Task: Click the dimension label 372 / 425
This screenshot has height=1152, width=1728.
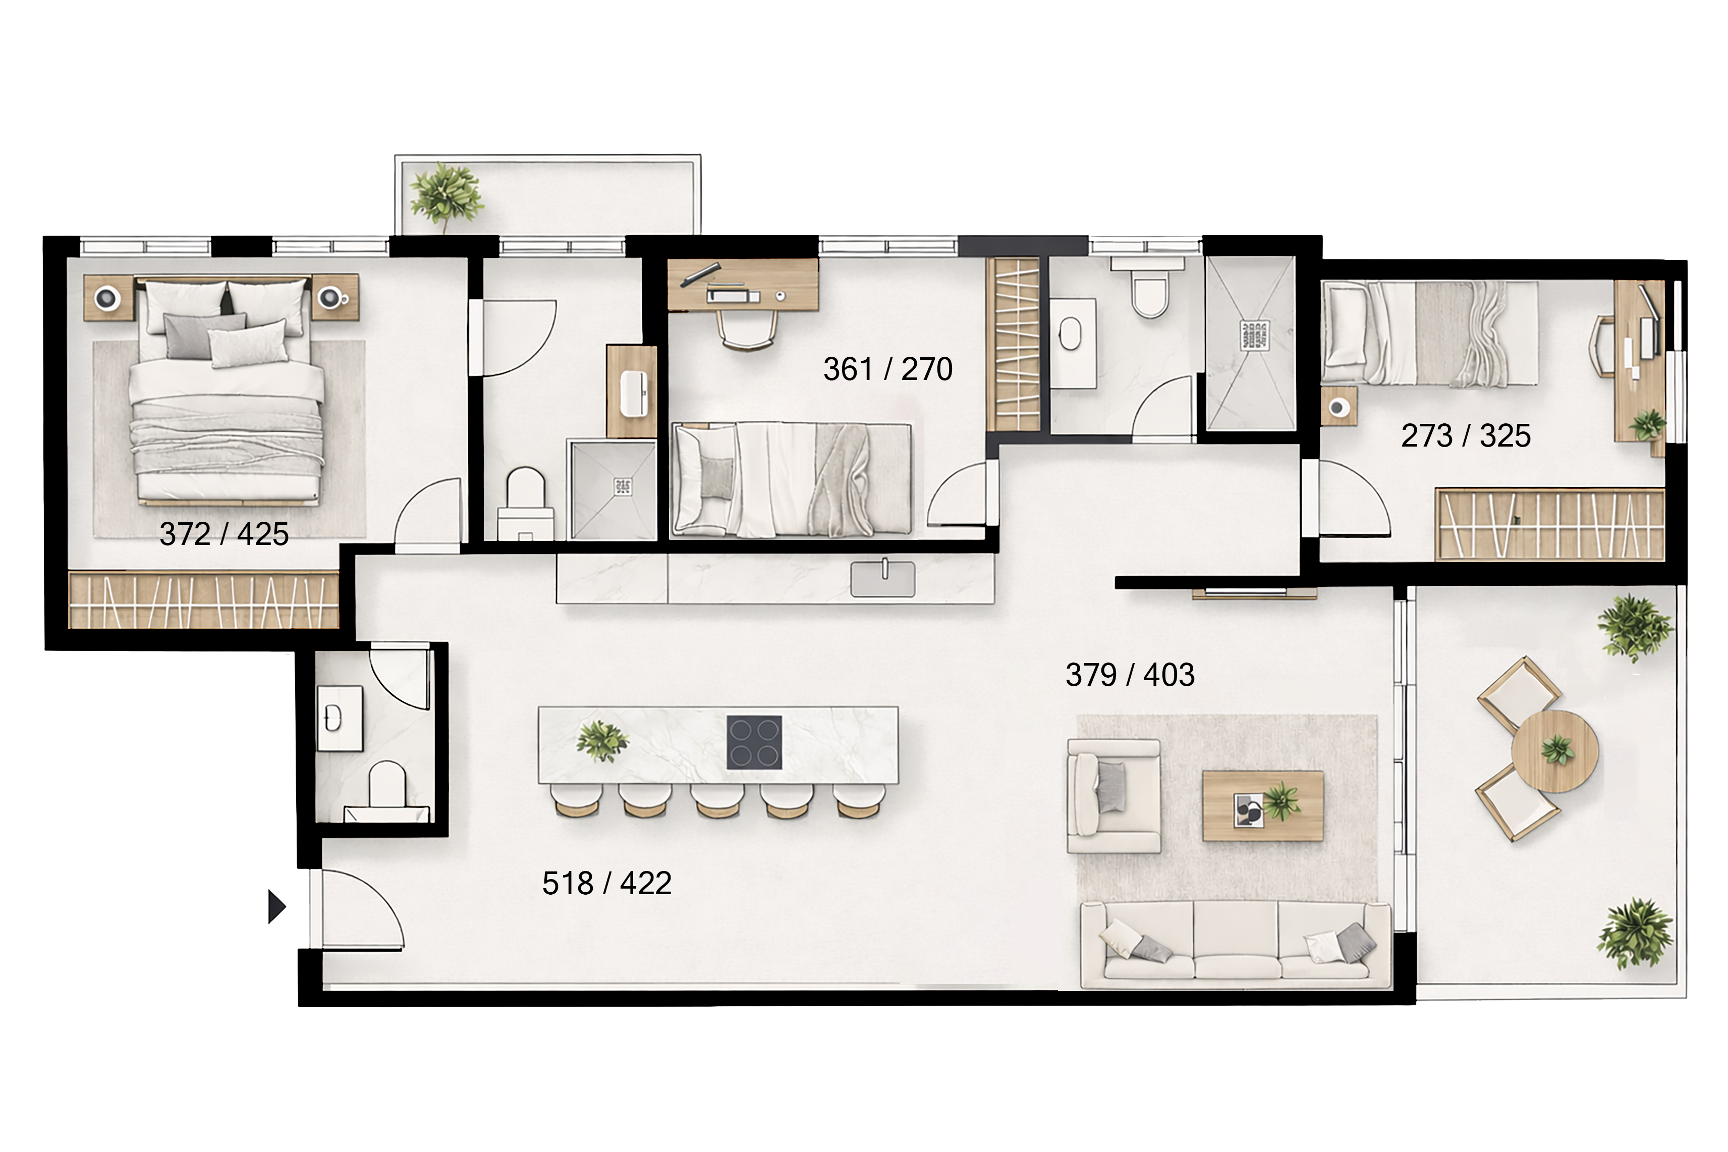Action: click(224, 534)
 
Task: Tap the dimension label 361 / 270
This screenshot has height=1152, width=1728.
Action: click(888, 369)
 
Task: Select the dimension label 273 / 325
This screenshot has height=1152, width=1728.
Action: click(1466, 435)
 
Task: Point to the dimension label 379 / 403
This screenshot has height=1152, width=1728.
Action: click(1130, 675)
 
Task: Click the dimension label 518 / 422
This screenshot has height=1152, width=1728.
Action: click(606, 883)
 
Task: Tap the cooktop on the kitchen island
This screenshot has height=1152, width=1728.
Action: click(754, 742)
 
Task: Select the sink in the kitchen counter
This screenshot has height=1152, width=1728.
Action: click(883, 579)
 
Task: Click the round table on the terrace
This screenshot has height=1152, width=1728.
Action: click(1554, 751)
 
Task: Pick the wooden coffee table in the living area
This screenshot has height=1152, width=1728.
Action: click(1262, 805)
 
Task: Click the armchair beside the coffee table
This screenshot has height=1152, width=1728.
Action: click(1113, 796)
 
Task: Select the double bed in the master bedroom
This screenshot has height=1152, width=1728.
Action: click(226, 392)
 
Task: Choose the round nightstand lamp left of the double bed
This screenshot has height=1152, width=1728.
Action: click(108, 297)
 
